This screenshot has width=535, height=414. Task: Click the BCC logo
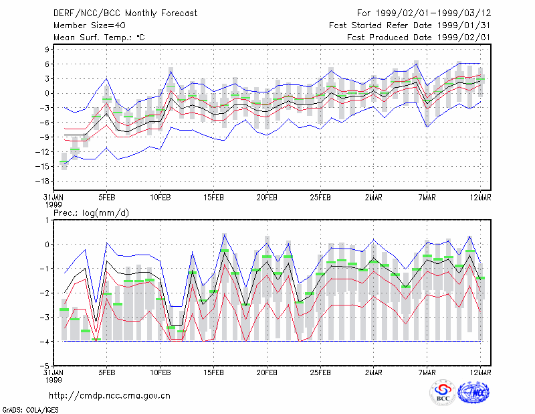443,392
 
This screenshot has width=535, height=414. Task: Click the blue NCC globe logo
473,393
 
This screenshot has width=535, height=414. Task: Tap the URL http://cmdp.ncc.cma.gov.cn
110,396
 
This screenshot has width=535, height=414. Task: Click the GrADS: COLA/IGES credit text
30,410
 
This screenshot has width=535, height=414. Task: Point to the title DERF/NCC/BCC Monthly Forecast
125,13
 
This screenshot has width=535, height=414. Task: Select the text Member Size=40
90,25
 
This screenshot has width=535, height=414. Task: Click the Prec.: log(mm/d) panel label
92,213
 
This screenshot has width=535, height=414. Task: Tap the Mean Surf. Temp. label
99,38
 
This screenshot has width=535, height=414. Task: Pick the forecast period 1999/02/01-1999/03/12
433,13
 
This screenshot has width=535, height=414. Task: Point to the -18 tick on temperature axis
43,181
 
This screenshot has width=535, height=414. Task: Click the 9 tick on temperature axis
47,50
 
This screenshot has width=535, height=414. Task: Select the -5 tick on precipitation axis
45,366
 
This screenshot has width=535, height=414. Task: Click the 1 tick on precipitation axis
47,220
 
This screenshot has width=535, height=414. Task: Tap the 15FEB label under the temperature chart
213,197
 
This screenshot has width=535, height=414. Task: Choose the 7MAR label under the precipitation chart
427,372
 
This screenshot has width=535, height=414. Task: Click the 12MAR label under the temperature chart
480,197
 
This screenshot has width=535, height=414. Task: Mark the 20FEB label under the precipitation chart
267,372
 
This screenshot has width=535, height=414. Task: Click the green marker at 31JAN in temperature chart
64,161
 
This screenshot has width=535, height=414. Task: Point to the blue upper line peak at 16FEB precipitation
225,234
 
